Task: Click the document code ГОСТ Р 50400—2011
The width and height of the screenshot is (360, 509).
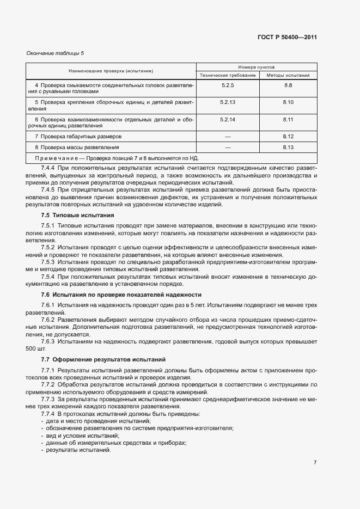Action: [287, 38]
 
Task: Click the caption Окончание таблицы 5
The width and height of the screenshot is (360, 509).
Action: [55, 53]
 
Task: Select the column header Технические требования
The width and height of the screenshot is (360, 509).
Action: [228, 75]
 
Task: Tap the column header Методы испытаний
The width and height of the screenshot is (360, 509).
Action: [288, 75]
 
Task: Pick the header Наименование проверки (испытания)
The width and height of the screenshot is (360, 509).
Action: [111, 71]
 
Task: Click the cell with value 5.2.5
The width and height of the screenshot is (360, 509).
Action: [228, 85]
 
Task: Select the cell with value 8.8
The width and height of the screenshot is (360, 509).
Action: [288, 85]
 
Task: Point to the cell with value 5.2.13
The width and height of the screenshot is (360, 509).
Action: [228, 102]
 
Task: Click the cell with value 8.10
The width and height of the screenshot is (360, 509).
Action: [288, 102]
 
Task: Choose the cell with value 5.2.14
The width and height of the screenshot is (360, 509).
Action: [228, 119]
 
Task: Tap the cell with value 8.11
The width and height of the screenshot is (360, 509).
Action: [288, 119]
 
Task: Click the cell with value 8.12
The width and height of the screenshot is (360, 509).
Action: [288, 136]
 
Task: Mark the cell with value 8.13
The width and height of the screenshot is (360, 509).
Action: [288, 148]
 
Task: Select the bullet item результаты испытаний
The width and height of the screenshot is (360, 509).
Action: [78, 450]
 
